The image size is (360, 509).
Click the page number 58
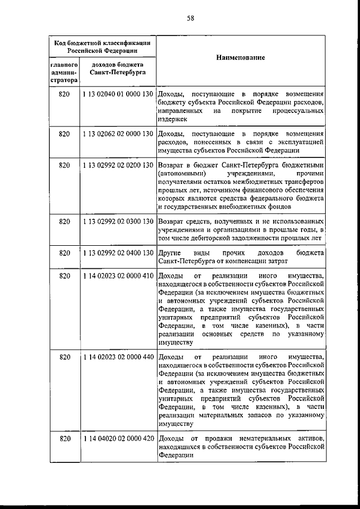pyautogui.click(x=190, y=18)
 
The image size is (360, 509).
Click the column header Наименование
pyautogui.click(x=240, y=58)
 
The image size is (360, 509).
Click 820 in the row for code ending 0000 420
pyautogui.click(x=64, y=438)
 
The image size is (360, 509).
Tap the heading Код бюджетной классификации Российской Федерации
pyautogui.click(x=102, y=46)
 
